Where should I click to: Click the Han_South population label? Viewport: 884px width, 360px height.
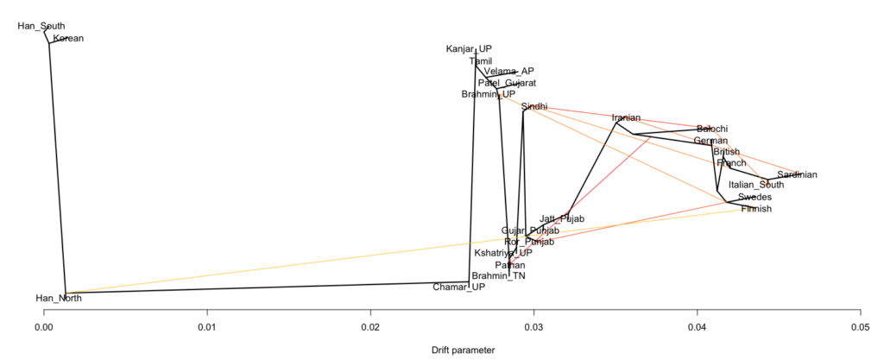41,27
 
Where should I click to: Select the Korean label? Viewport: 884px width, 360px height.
67,39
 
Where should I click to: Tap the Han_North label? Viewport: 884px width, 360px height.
56,299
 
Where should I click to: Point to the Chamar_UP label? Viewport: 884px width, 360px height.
458,287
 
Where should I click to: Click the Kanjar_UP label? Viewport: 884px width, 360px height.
469,49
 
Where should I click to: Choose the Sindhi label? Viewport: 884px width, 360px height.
534,106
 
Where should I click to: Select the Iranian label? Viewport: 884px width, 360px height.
626,117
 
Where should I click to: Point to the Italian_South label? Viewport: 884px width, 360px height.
756,185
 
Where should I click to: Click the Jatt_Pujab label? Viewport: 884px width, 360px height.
562,219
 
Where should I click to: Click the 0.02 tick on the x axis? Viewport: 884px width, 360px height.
370,327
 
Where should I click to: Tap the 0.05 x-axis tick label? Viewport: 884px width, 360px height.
860,327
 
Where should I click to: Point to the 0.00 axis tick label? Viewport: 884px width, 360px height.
43,327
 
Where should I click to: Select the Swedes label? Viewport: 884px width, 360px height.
755,197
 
